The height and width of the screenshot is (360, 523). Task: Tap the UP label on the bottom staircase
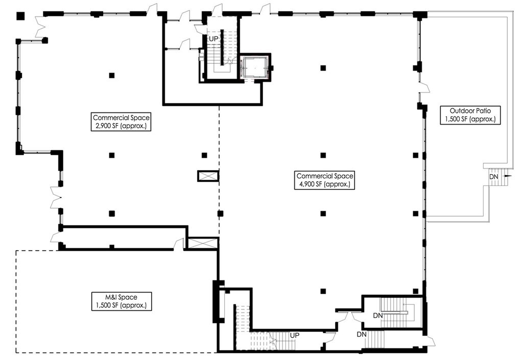pyautogui.click(x=295, y=335)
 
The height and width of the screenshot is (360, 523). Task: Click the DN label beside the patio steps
pyautogui.click(x=493, y=176)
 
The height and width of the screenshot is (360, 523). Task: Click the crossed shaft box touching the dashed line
pyautogui.click(x=208, y=176)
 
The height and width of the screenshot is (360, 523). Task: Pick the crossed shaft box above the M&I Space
pyautogui.click(x=203, y=243)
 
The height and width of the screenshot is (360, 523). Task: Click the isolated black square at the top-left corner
pyautogui.click(x=20, y=15)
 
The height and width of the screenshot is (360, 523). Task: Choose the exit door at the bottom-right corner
pyautogui.click(x=430, y=341)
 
